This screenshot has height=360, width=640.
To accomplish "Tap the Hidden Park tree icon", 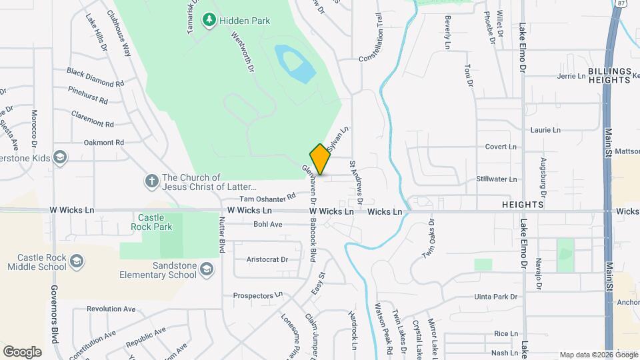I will [209, 21].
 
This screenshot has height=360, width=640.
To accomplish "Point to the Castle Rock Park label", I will [155, 222].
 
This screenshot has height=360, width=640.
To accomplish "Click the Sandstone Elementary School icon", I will [207, 269].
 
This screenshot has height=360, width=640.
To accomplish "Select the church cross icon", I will [151, 180].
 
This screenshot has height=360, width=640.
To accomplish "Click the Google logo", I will [22, 351].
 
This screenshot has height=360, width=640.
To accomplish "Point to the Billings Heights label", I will [609, 75].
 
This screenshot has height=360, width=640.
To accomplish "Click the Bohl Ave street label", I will [268, 225].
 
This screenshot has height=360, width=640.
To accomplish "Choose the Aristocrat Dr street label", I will [267, 259].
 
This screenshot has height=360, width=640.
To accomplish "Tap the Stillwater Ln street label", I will [497, 179].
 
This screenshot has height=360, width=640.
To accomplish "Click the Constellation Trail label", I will [373, 39].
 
